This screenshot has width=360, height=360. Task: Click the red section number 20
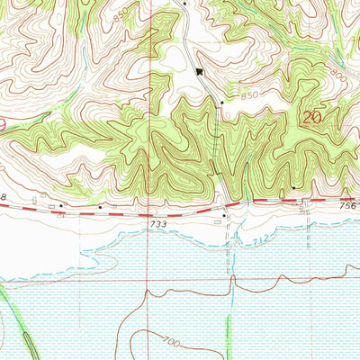(313, 117)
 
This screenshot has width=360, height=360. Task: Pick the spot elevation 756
(349, 206)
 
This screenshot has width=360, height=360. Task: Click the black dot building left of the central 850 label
(222, 103)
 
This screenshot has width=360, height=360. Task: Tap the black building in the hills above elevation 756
(293, 186)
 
